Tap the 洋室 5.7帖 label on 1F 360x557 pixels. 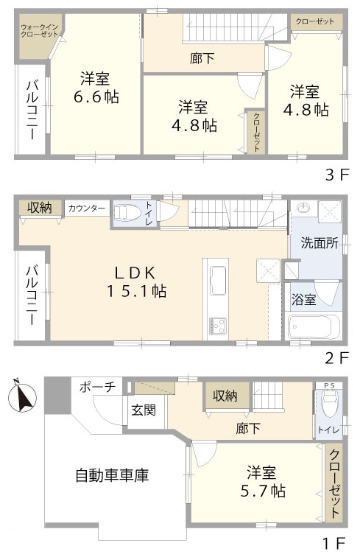pyautogui.click(x=255, y=481)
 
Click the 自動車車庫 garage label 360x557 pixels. pyautogui.click(x=112, y=475)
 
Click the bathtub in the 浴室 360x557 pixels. pyautogui.click(x=312, y=325)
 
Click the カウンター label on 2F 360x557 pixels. pyautogui.click(x=87, y=209)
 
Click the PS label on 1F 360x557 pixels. pyautogui.click(x=328, y=385)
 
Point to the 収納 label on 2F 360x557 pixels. pyautogui.click(x=40, y=208)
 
